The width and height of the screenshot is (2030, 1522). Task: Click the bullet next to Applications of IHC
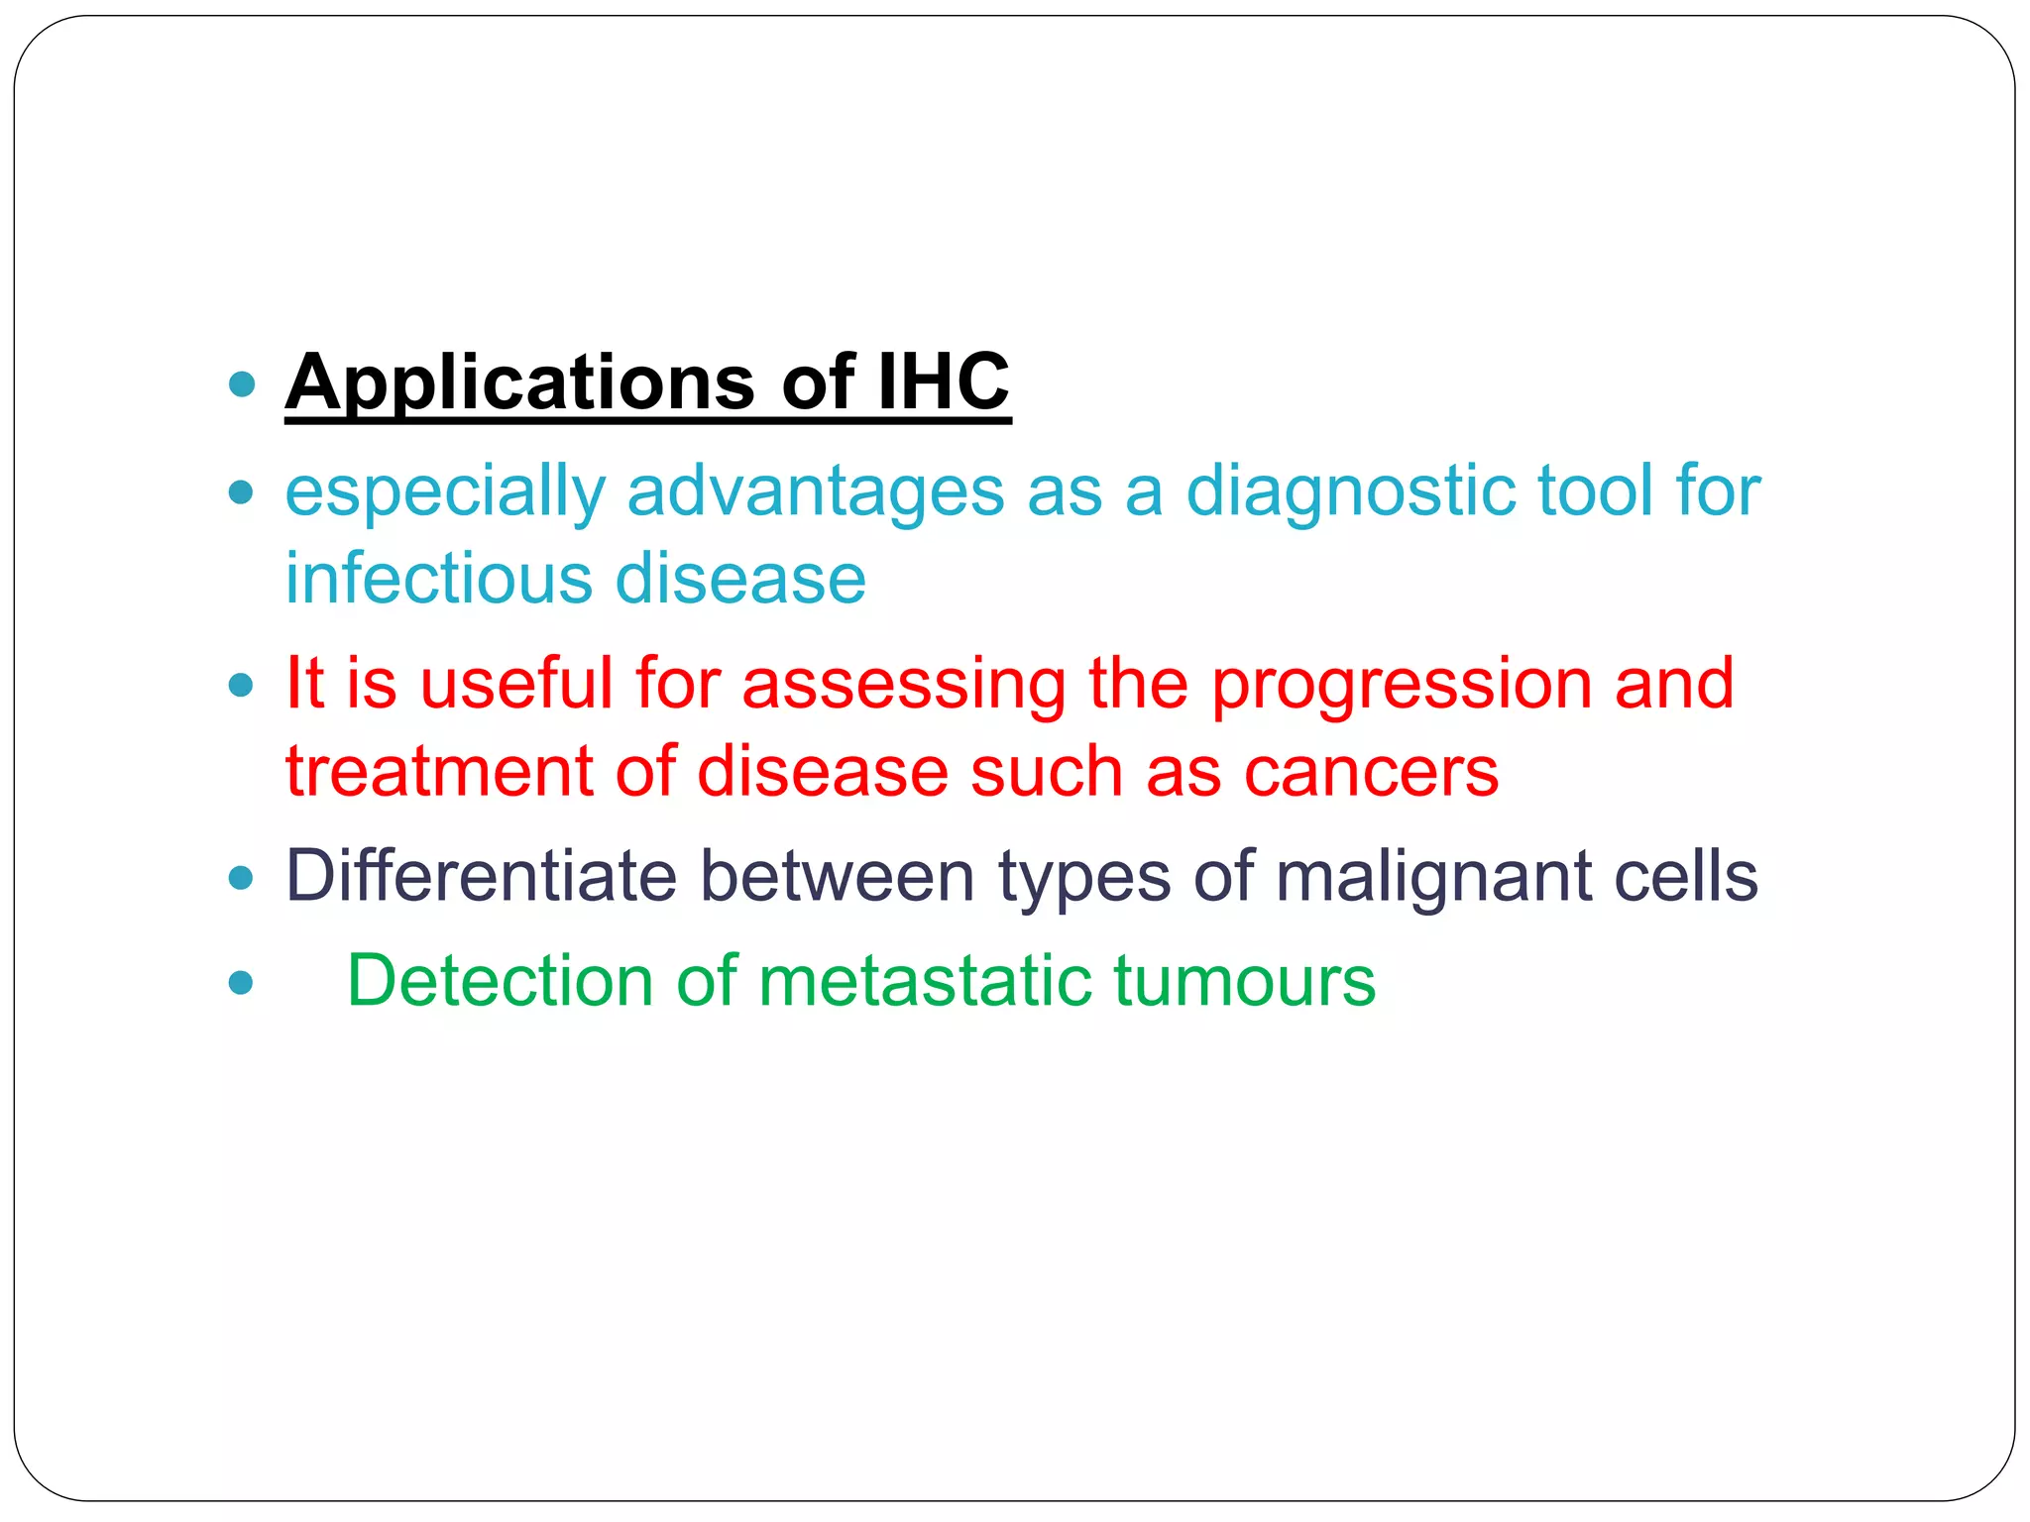click(241, 384)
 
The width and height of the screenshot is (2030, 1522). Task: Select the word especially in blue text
click(444, 491)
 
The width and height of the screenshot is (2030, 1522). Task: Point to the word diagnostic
click(1349, 491)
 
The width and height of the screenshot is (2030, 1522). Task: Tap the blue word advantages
click(816, 491)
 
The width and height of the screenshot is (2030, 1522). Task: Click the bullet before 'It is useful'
click(241, 685)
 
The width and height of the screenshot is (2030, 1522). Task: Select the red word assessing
click(903, 685)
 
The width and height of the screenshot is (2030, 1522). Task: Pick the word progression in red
click(1401, 685)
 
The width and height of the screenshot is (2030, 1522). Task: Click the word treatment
click(438, 772)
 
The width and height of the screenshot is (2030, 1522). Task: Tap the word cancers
click(1371, 772)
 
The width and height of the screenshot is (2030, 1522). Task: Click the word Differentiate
click(481, 876)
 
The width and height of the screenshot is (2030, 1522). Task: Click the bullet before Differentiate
click(241, 878)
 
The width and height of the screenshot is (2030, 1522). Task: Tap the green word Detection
click(500, 981)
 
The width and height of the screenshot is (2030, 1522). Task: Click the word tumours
click(1244, 981)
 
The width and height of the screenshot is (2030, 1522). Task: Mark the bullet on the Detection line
click(241, 983)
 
